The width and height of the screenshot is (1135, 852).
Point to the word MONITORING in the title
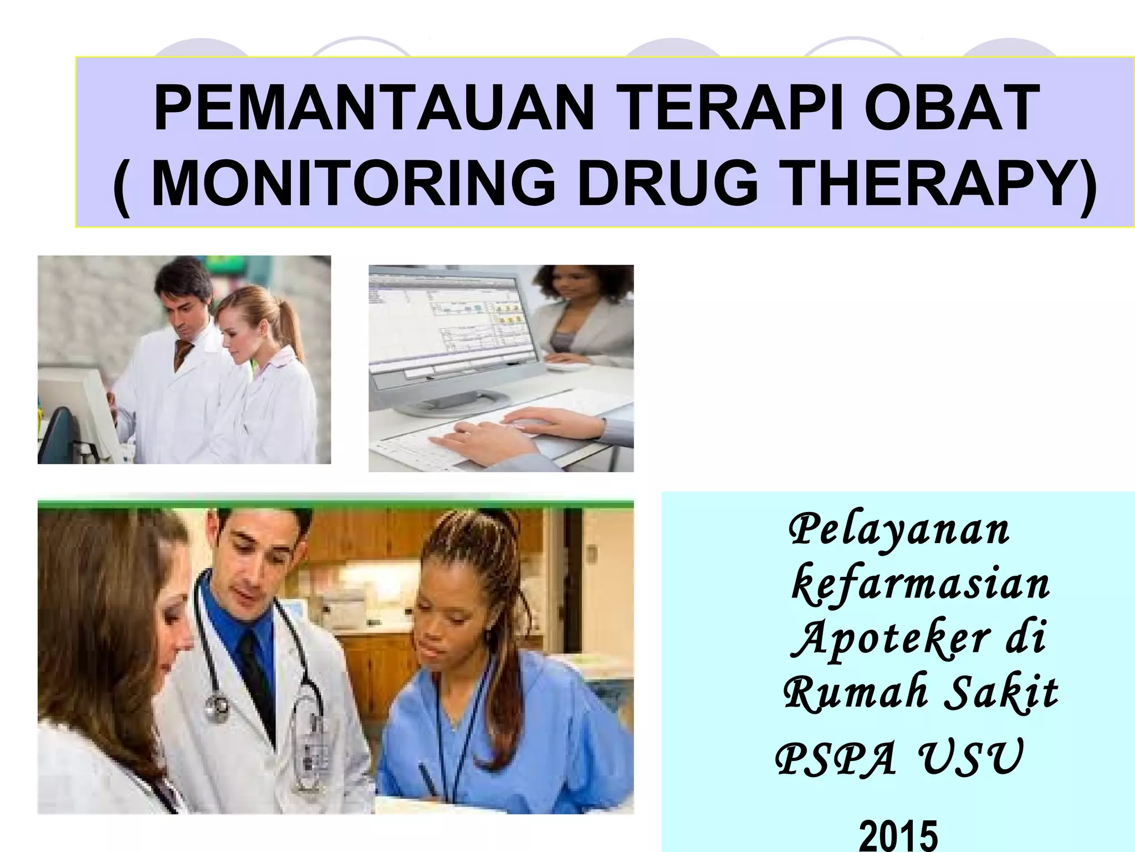[x=353, y=184]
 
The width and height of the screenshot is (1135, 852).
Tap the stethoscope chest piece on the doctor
[x=217, y=707]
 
